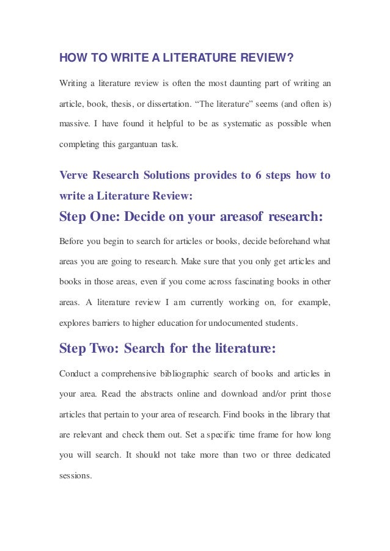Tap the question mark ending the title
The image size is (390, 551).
[291, 59]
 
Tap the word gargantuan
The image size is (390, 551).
[136, 145]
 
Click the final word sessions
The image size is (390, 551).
[75, 477]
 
